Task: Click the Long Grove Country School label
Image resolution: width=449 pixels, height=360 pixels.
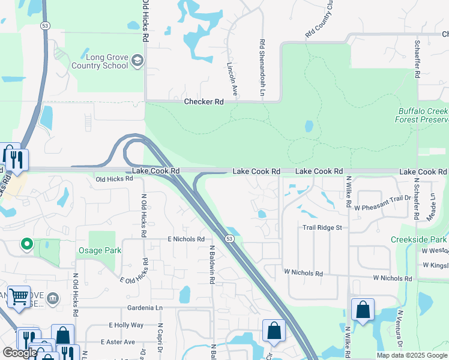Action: [99, 61]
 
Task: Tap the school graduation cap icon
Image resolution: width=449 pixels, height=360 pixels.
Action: [137, 61]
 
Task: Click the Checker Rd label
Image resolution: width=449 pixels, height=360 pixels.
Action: [204, 102]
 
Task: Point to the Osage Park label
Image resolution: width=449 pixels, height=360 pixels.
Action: [100, 251]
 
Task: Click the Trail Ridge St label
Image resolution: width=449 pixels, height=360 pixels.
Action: [322, 228]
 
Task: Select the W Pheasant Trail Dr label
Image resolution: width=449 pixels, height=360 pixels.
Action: [382, 208]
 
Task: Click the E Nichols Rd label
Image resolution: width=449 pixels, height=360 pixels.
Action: [187, 239]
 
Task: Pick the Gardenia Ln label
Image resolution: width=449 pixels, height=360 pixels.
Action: [145, 308]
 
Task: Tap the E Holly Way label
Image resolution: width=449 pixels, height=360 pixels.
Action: [126, 325]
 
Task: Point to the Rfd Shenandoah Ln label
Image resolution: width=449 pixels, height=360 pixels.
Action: [262, 68]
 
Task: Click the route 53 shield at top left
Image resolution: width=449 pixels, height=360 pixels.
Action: [45, 26]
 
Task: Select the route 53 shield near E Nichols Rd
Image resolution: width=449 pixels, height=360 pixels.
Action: [230, 239]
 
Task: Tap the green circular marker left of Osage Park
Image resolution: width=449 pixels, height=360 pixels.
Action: [26, 244]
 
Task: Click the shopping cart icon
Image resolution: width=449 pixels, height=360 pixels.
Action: [19, 296]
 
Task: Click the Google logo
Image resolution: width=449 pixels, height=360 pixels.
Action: [20, 353]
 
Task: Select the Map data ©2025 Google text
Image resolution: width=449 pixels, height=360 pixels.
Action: [411, 355]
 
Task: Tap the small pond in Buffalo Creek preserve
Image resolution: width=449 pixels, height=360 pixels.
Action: [309, 127]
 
